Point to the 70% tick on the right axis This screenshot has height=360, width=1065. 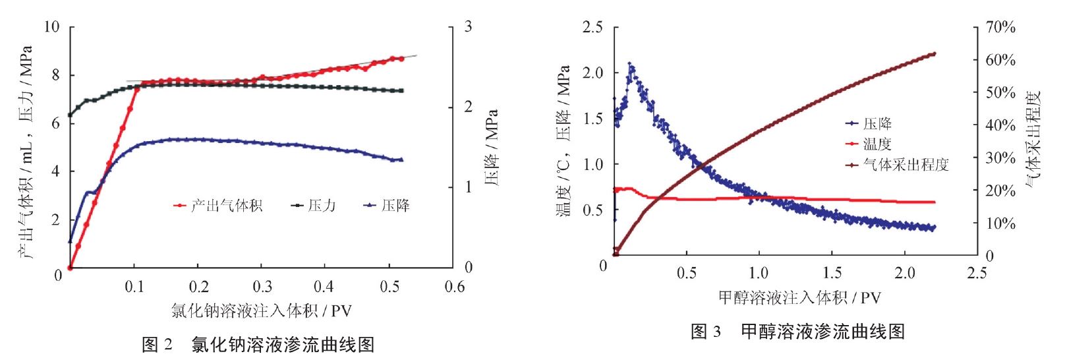click(x=1000, y=27)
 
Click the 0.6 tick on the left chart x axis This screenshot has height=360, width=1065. click(x=454, y=287)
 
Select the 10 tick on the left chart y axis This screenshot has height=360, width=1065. click(x=51, y=27)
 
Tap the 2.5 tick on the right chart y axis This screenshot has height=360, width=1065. click(x=592, y=27)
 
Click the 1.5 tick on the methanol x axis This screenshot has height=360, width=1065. click(x=832, y=273)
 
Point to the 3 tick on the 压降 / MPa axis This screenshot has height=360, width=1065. click(x=468, y=27)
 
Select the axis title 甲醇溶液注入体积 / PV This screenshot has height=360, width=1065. click(x=799, y=297)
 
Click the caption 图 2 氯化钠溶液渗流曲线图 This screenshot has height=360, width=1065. click(x=258, y=344)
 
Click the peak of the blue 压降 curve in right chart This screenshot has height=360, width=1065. click(x=631, y=65)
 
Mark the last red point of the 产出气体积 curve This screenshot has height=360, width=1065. click(x=401, y=59)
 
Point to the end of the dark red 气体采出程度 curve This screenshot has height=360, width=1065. click(x=934, y=54)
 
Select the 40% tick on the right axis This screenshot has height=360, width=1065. click(x=1000, y=125)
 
